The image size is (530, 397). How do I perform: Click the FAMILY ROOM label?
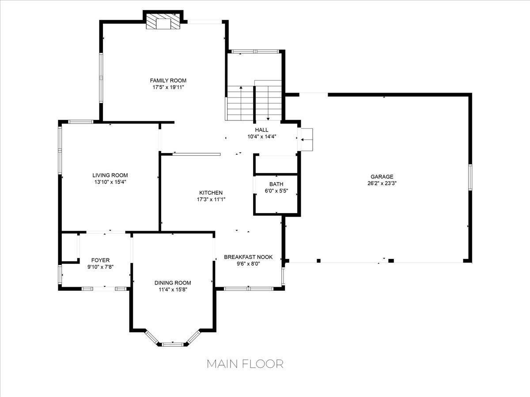(168, 80)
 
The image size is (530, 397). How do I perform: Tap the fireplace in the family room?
(163, 23)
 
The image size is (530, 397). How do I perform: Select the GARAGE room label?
(382, 177)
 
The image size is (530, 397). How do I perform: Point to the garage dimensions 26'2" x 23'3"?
(382, 184)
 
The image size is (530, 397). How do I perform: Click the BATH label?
(276, 184)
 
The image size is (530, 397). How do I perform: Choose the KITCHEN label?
(211, 193)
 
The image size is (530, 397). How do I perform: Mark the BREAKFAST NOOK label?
(248, 257)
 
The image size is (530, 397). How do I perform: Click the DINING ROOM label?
(173, 283)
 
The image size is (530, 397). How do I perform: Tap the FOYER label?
(100, 260)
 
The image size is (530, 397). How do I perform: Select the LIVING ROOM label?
(110, 175)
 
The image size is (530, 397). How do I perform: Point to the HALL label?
(261, 130)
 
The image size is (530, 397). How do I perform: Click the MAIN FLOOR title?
(245, 363)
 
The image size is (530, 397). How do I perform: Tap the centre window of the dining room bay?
(172, 344)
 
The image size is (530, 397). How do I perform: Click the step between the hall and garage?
(307, 139)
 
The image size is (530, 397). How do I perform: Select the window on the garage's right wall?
(470, 177)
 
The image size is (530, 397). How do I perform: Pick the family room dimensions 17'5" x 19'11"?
(168, 87)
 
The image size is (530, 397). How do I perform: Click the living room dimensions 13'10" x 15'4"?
(110, 182)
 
